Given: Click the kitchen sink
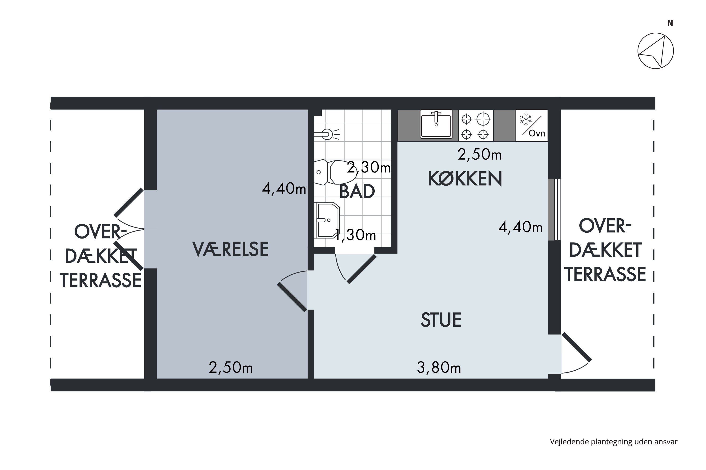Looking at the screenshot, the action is coord(436,124).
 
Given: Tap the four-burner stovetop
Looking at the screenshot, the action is coord(475,125).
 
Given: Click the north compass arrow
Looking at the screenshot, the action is coord(656,51).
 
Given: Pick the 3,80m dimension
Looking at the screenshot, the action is coord(439,368).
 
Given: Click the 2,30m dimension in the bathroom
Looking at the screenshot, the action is coord(369,168).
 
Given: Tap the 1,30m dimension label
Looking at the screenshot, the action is coord(355,235).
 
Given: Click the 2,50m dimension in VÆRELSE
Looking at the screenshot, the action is coord(231,368).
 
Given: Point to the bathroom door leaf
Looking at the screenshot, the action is coord(362,269).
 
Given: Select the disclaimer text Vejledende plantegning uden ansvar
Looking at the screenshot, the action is coord(614,442).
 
